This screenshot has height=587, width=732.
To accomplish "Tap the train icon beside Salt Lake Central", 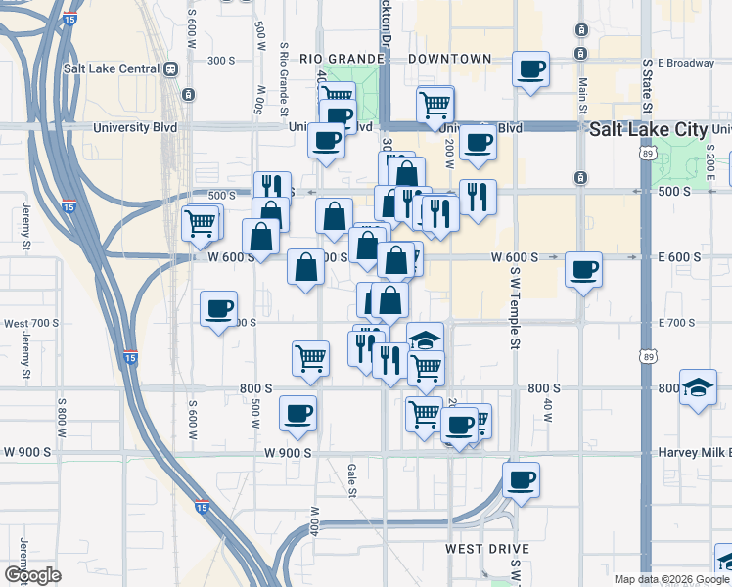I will tap(170, 68).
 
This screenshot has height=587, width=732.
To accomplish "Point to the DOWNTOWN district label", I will tap(449, 59).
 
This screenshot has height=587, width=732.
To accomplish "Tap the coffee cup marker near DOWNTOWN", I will tap(530, 69).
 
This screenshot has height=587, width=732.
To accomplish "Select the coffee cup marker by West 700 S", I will tap(218, 309).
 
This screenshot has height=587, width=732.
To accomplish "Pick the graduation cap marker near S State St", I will tap(698, 387).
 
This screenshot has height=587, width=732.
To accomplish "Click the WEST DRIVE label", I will tap(487, 549).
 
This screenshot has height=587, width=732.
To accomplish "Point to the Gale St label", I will tap(350, 480).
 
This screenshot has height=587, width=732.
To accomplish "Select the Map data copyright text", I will tap(670, 579).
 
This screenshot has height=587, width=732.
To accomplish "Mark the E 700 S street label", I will tap(682, 323).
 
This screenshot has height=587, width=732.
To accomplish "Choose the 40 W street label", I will tap(549, 411).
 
